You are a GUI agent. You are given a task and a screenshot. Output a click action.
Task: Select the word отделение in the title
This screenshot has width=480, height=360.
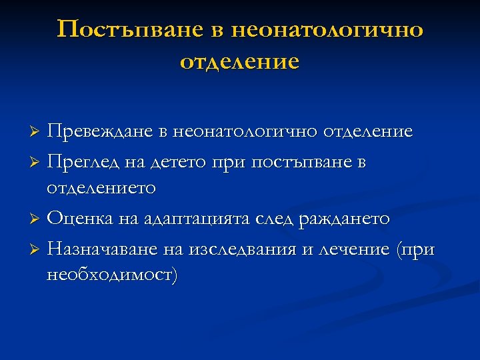point(239,62)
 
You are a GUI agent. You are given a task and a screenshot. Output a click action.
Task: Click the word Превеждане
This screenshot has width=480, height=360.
point(100,132)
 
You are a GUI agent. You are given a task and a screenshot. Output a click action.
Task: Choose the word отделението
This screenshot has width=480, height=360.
point(101,189)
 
